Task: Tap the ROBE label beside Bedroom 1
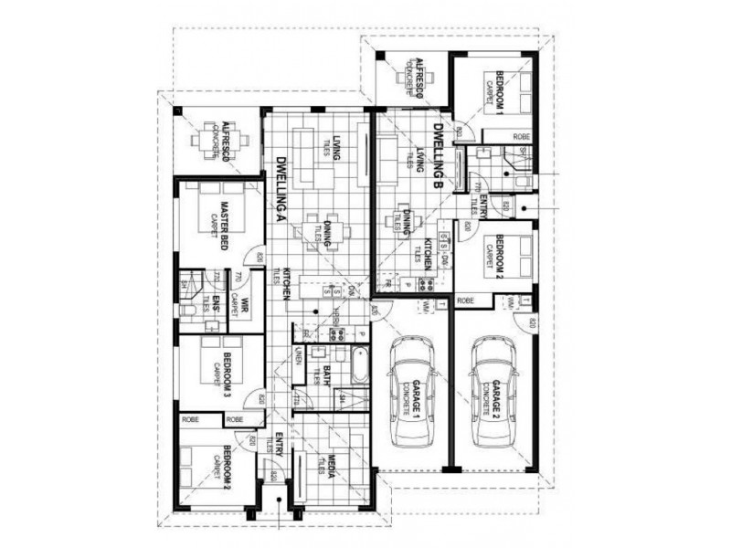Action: pyautogui.click(x=521, y=136)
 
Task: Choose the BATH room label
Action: pyautogui.click(x=326, y=376)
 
